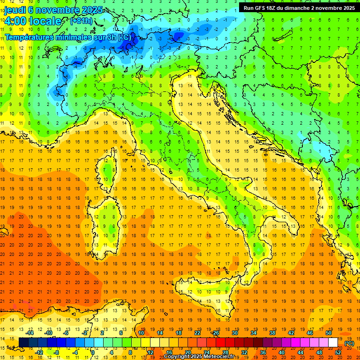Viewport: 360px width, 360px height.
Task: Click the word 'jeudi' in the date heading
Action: click(15, 10)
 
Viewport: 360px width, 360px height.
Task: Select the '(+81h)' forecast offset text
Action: click(81, 21)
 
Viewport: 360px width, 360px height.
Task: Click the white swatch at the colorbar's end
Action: click(333, 343)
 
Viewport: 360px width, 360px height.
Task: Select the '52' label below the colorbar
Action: click(338, 352)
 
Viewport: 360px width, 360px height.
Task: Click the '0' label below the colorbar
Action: click(93, 352)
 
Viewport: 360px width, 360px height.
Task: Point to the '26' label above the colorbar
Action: click(216, 333)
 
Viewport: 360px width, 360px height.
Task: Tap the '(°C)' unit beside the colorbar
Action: click(349, 343)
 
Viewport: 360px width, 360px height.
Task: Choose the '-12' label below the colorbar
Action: click(39, 352)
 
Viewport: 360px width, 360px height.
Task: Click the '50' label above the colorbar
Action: click(328, 333)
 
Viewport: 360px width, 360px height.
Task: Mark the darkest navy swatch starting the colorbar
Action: click(24, 343)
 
